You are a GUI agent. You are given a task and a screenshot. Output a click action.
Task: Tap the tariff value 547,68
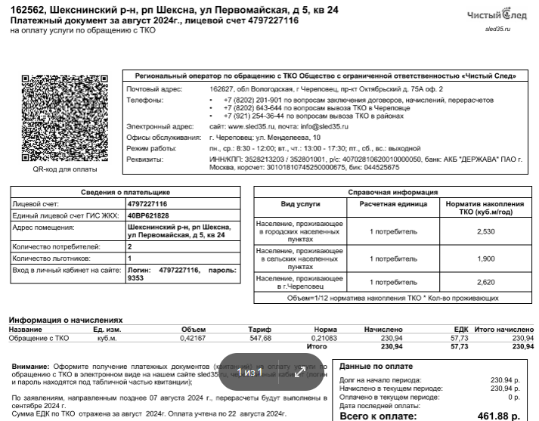pos(260,338)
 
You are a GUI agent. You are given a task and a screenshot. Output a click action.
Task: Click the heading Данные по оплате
pos(376,364)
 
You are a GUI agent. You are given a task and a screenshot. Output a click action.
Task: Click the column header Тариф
pos(260,330)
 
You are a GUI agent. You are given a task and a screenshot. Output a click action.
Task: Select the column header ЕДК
pos(461,330)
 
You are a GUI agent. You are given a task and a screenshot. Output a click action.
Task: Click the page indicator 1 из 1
pos(249,372)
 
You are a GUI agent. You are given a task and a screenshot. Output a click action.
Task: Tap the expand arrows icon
pos(300,372)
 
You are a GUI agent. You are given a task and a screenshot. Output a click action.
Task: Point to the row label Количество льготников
pos(57,258)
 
